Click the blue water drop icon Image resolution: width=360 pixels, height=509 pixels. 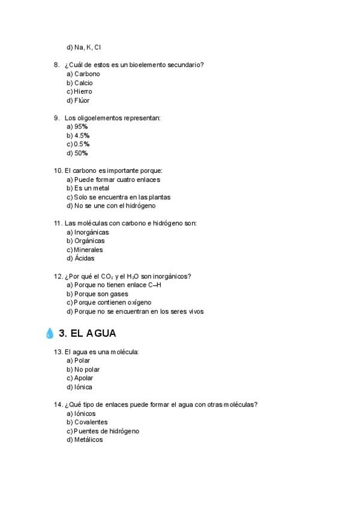coord(49,334)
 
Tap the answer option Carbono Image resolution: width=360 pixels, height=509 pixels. coord(86,74)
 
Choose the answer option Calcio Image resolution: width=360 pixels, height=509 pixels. coord(83,83)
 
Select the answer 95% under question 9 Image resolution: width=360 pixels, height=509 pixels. coord(81,127)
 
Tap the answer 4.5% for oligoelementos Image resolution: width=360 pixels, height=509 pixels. coord(82,136)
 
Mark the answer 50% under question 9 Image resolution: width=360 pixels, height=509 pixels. coord(81,153)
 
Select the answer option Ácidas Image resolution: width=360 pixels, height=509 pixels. coord(85,258)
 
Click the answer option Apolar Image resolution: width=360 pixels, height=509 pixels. coord(83,378)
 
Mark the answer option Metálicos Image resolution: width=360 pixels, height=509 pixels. coord(88,439)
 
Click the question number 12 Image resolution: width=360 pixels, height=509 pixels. coord(58,277)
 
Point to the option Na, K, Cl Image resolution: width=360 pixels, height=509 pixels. coord(87,47)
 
